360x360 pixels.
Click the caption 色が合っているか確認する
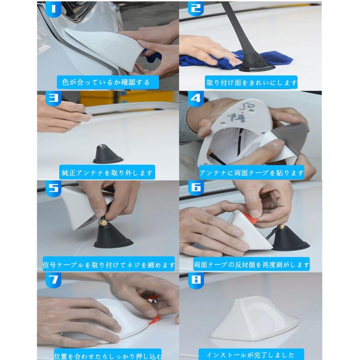[106, 83]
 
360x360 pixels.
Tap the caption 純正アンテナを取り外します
[107, 173]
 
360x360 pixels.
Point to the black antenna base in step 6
[290, 240]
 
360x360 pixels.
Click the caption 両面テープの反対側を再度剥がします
[252, 264]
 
